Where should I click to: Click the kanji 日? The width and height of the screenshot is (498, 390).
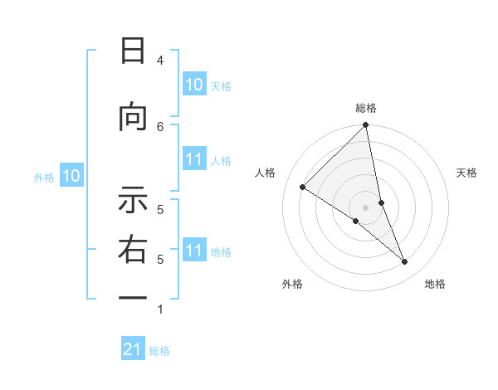[x=133, y=51]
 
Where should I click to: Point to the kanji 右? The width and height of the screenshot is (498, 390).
[x=133, y=251]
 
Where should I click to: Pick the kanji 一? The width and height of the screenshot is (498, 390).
[x=133, y=297]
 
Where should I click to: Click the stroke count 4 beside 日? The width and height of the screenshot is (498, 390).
[x=159, y=61]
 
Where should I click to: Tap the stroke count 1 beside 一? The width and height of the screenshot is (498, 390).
[x=159, y=310]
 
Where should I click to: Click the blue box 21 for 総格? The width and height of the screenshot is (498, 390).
[x=133, y=349]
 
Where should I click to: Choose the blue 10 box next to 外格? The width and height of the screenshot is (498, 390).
[x=71, y=176]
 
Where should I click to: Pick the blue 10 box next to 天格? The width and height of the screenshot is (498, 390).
[x=193, y=85]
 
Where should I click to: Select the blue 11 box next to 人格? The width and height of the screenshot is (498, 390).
[x=193, y=159]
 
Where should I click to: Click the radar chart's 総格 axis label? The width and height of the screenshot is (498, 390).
[x=366, y=108]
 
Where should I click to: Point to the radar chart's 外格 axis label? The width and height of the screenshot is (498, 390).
[x=292, y=284]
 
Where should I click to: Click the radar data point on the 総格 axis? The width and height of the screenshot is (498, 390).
[x=366, y=125]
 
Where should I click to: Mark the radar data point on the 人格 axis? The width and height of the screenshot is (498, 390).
[x=303, y=187]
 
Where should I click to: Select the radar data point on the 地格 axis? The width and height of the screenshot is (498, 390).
[x=405, y=261]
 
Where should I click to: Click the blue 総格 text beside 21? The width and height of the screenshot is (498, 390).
[x=159, y=351]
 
